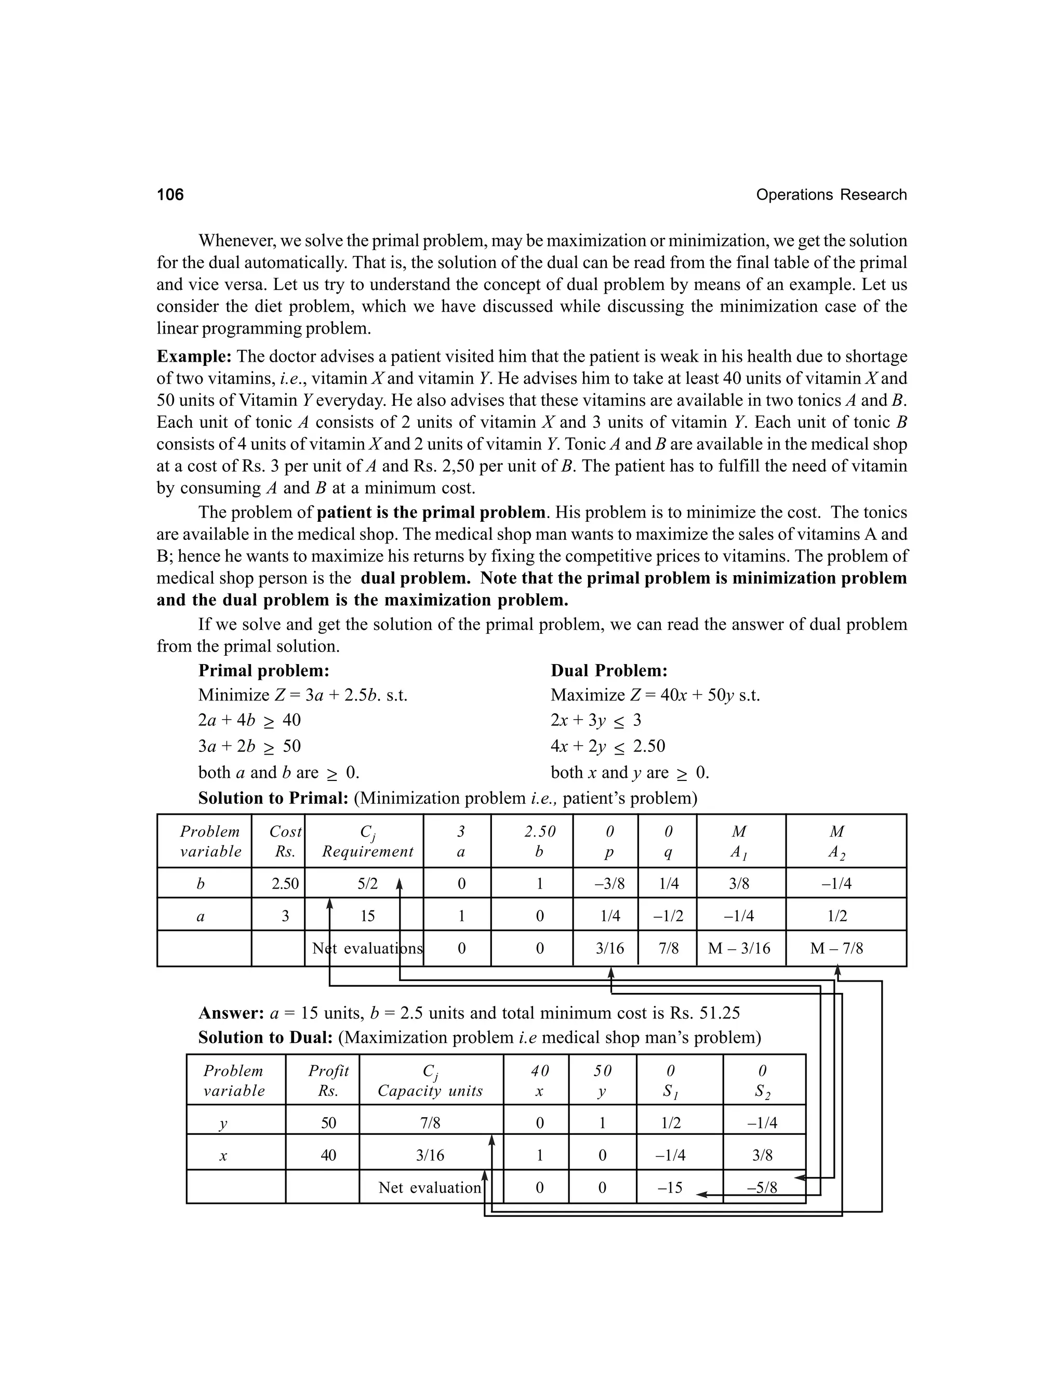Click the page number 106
pyautogui.click(x=170, y=194)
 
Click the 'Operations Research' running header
pyautogui.click(x=831, y=195)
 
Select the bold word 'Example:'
pyautogui.click(x=194, y=356)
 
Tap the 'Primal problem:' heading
pyautogui.click(x=263, y=670)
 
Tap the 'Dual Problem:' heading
pyautogui.click(x=609, y=670)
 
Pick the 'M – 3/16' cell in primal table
pyautogui.click(x=739, y=948)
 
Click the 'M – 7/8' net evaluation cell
pyautogui.click(x=836, y=948)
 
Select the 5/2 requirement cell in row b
pyautogui.click(x=367, y=883)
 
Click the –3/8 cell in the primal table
pyautogui.click(x=609, y=883)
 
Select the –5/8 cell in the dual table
pyautogui.click(x=762, y=1188)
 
